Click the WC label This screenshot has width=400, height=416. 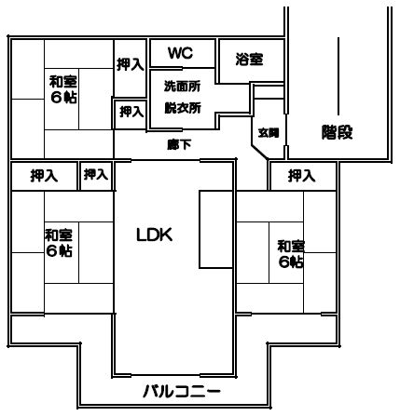click(x=181, y=53)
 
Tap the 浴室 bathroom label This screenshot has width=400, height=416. click(x=250, y=60)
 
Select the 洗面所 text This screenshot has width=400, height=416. click(x=183, y=87)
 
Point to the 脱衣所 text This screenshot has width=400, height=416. click(x=183, y=108)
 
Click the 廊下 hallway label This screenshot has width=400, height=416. click(x=179, y=144)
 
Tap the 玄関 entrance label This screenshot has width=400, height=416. click(x=269, y=133)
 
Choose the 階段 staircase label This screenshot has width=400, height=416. click(x=338, y=132)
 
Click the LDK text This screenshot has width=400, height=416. click(x=155, y=235)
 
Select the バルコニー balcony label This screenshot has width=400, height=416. click(x=182, y=391)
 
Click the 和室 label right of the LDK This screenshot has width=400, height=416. click(x=291, y=247)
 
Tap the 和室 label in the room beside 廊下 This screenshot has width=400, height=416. click(x=63, y=82)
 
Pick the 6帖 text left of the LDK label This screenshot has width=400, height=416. click(x=60, y=250)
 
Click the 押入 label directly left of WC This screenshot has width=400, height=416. click(x=131, y=65)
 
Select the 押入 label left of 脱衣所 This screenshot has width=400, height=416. click(x=131, y=112)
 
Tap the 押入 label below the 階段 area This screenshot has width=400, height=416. click(x=301, y=176)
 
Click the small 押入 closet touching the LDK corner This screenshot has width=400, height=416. click(x=96, y=175)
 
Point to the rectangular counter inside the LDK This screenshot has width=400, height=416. click(x=215, y=229)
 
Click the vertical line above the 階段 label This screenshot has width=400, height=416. click(x=338, y=76)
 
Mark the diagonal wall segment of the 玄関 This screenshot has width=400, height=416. click(x=259, y=153)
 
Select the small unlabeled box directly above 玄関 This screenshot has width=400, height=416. click(x=269, y=92)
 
